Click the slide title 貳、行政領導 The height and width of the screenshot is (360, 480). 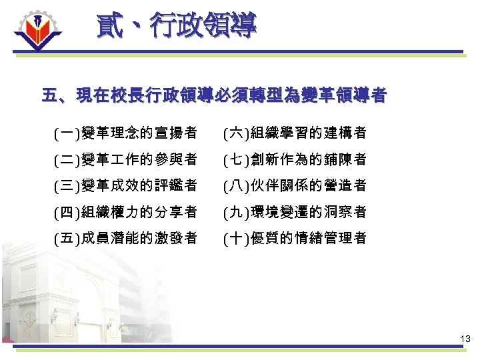(x=176, y=27)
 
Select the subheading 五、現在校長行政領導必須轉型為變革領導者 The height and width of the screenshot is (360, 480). (x=213, y=96)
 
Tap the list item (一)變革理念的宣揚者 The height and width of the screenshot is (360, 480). (x=125, y=133)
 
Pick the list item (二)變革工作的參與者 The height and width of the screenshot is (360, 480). (x=125, y=159)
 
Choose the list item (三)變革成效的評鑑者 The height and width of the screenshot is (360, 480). (x=125, y=185)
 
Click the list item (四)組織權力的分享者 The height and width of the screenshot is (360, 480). (x=125, y=212)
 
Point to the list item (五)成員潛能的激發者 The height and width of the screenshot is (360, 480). (x=125, y=238)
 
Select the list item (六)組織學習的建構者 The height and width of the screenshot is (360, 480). (x=295, y=133)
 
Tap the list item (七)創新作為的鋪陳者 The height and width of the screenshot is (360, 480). (x=295, y=159)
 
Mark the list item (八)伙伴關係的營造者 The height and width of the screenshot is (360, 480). (x=295, y=185)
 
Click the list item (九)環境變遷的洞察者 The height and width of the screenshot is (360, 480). (x=295, y=212)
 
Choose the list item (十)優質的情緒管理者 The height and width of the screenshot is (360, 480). (x=295, y=238)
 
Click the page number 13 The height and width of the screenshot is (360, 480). (x=465, y=340)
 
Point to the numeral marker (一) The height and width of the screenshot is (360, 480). (x=66, y=133)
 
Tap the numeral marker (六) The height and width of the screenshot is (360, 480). (x=235, y=133)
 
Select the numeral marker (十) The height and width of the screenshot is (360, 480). (x=235, y=238)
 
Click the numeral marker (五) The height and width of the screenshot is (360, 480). (x=66, y=238)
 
